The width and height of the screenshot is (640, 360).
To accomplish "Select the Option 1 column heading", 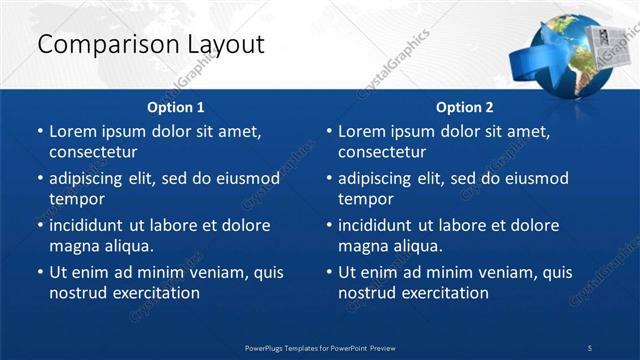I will click(x=176, y=107).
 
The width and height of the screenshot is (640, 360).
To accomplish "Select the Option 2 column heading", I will click(x=465, y=107).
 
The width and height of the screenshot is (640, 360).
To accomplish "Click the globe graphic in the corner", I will click(x=570, y=58).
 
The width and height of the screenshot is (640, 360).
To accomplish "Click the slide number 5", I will click(x=590, y=347).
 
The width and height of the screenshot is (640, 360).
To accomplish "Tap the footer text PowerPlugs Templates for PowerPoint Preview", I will click(x=320, y=347).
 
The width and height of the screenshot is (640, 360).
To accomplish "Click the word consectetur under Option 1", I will click(x=93, y=153).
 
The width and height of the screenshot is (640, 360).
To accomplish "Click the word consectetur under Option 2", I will click(x=383, y=153).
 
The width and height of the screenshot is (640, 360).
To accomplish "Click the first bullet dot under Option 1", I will click(x=39, y=132).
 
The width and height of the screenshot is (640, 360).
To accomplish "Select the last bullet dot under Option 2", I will click(x=328, y=273).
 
